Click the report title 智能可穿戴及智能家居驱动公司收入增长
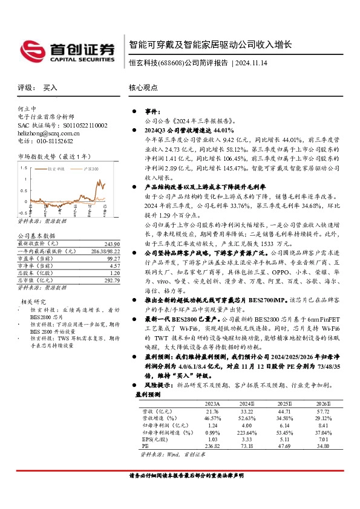[x=211, y=44]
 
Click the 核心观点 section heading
[x=143, y=88]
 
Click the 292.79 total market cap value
[x=113, y=280]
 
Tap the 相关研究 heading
[x=34, y=300]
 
